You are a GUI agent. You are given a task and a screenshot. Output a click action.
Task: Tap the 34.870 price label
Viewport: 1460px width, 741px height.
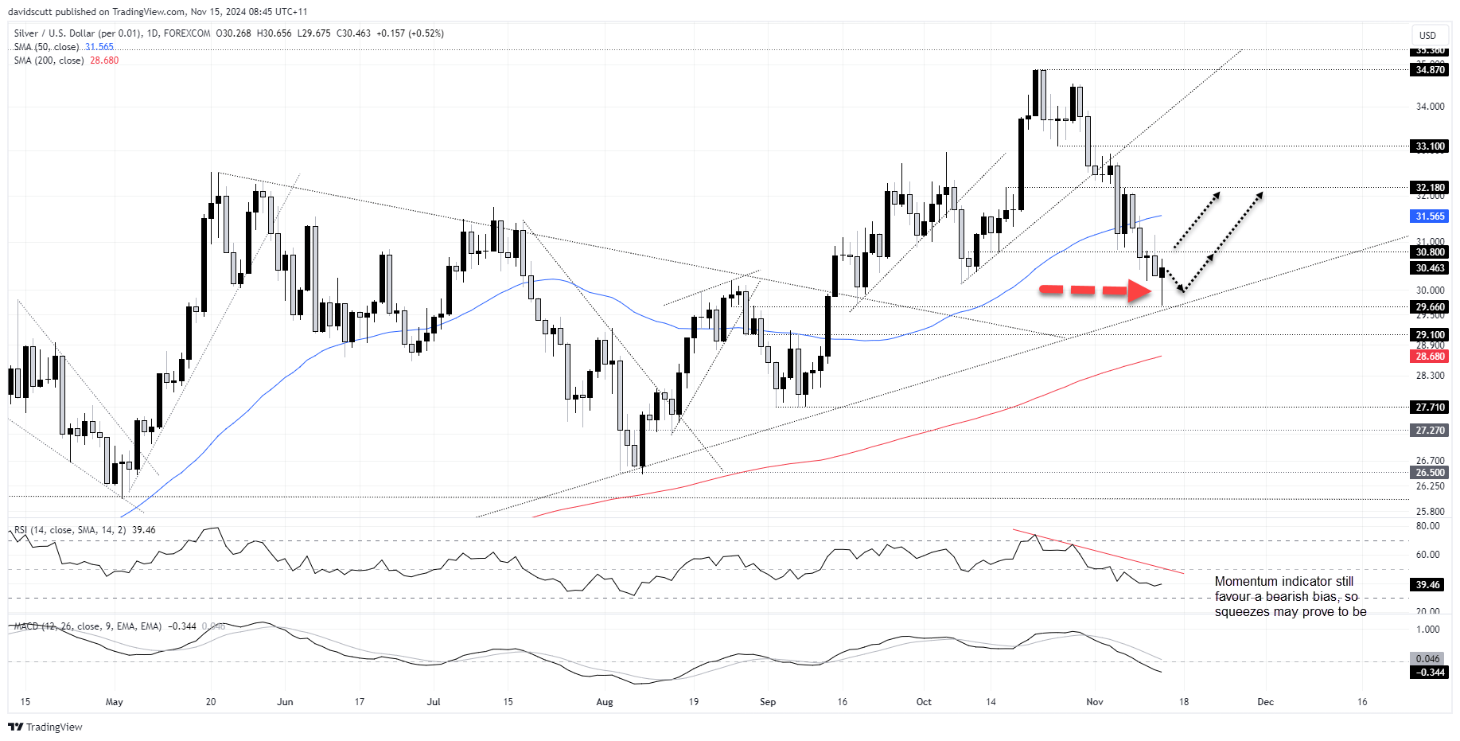pos(1430,70)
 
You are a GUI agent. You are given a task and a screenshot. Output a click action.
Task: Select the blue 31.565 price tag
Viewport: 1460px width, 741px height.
pos(1430,216)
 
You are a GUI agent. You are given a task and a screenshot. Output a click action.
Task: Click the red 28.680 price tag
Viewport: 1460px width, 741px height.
pos(1430,357)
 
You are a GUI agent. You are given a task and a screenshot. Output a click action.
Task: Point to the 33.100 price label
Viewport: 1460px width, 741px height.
pos(1430,146)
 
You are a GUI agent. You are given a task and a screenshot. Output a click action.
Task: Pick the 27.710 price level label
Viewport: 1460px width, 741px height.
pos(1430,408)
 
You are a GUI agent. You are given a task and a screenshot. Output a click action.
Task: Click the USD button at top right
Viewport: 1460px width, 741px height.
pos(1427,35)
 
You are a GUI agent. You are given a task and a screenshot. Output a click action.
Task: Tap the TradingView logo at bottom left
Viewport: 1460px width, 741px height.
pos(45,727)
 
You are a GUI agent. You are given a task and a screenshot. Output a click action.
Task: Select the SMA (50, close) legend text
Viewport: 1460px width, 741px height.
pos(46,47)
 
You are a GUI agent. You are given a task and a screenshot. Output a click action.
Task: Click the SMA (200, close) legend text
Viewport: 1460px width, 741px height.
pos(49,60)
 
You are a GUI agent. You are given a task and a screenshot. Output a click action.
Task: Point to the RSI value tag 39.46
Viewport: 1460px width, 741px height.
pos(1428,585)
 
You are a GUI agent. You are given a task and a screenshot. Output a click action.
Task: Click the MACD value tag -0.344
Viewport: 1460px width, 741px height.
pos(1428,673)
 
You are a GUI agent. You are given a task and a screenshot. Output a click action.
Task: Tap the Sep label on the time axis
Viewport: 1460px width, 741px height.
pos(768,702)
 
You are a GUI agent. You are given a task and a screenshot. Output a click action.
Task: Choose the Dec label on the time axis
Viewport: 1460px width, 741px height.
pos(1265,702)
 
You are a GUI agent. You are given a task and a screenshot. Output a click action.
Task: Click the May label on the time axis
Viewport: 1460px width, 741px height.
pos(115,702)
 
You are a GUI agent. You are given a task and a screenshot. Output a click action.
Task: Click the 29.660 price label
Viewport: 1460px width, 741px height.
pos(1430,307)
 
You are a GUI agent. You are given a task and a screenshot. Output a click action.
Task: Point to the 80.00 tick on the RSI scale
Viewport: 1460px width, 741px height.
pos(1428,526)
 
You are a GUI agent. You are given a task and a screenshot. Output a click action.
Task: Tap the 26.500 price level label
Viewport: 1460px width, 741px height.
pos(1430,473)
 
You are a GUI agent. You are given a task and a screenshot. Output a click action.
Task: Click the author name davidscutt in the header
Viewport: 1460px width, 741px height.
pos(30,12)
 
